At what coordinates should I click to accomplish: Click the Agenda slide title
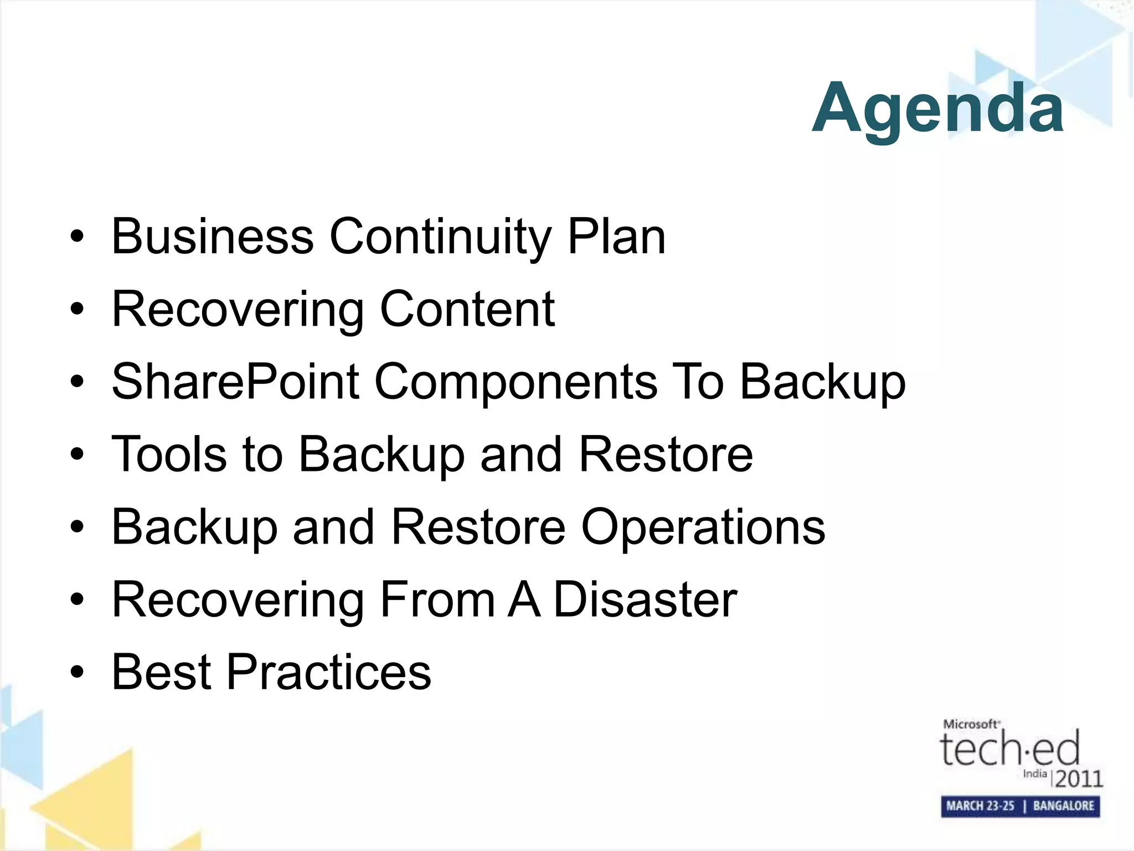pyautogui.click(x=937, y=108)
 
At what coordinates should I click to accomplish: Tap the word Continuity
pyautogui.click(x=440, y=237)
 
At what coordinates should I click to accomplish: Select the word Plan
pyautogui.click(x=616, y=237)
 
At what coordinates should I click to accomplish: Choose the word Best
pyautogui.click(x=161, y=671)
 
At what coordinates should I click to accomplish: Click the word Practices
pyautogui.click(x=328, y=671)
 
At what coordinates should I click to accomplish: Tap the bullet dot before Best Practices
pyautogui.click(x=77, y=673)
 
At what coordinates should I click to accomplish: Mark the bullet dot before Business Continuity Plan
pyautogui.click(x=77, y=238)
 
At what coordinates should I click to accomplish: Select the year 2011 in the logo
pyautogui.click(x=1079, y=779)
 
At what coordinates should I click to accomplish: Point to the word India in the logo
pyautogui.click(x=1034, y=773)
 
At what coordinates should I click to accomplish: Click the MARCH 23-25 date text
pyautogui.click(x=980, y=806)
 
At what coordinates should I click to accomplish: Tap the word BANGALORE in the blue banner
pyautogui.click(x=1063, y=806)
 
